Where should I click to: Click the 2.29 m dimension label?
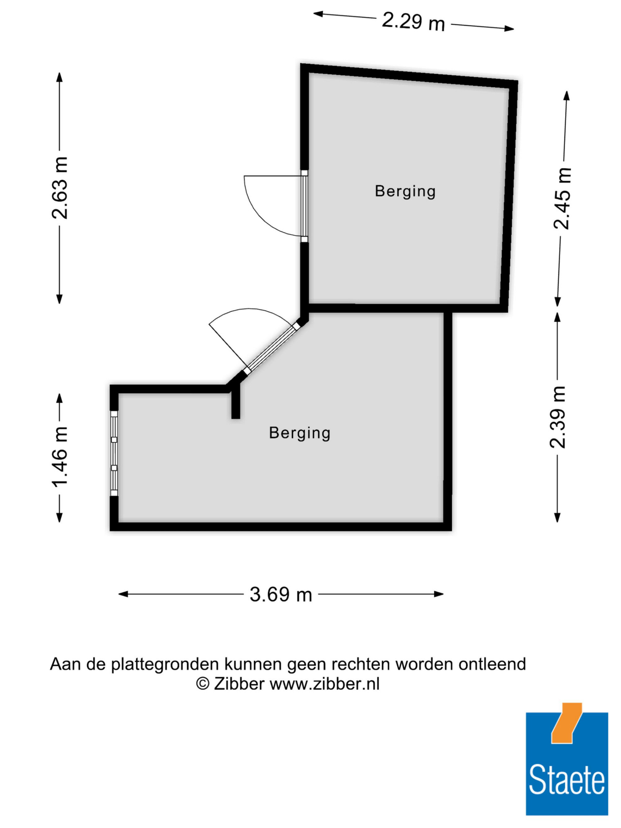click(413, 21)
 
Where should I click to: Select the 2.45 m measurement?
click(562, 198)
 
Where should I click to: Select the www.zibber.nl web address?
click(324, 684)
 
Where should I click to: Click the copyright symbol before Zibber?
click(203, 684)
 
